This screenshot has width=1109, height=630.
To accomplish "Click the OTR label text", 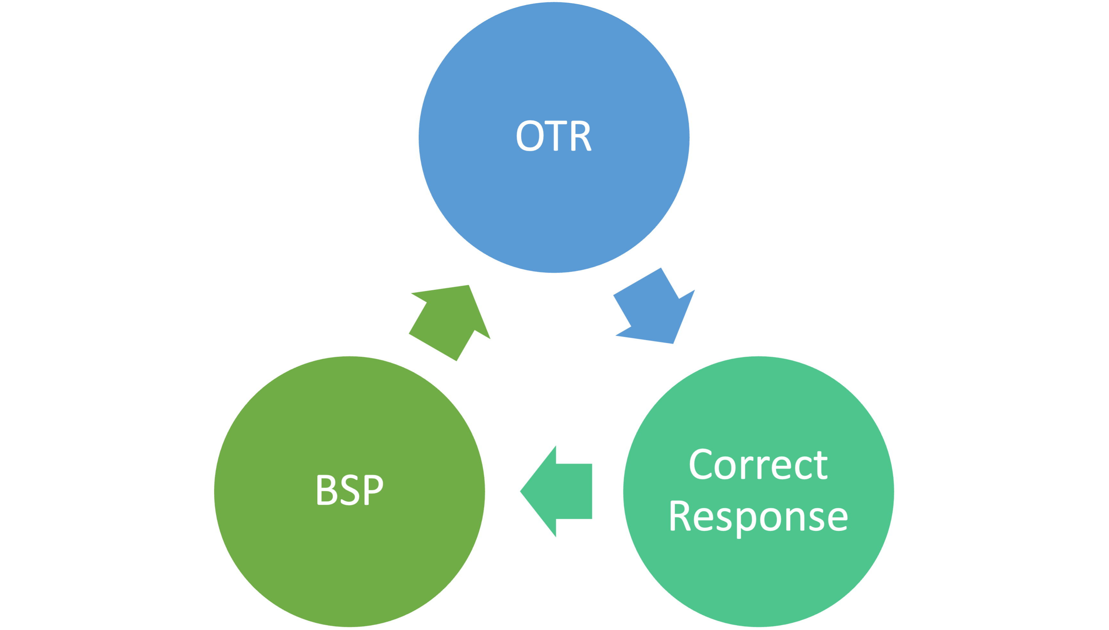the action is tap(554, 136).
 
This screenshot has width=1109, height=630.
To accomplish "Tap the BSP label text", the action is tap(350, 490).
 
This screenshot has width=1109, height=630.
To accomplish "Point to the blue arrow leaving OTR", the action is tap(654, 306).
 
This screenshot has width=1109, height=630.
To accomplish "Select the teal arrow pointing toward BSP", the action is tap(556, 492).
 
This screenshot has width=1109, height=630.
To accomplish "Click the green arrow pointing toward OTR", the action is tap(450, 323).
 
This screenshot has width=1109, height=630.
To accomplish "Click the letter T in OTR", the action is tap(555, 136).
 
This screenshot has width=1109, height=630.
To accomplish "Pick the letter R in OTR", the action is tap(581, 136).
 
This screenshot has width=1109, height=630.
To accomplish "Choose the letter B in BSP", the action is tap(327, 490).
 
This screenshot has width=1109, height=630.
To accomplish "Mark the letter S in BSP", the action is tap(350, 490).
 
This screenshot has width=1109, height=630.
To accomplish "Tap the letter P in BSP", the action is tap(374, 490).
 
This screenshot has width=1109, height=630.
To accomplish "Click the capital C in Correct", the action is tap(701, 464).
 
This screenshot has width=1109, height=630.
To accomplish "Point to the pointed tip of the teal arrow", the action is tap(520, 492).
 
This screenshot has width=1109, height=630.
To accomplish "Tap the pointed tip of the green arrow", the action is tap(469, 285).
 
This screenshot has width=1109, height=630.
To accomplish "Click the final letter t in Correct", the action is tap(821, 466).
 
